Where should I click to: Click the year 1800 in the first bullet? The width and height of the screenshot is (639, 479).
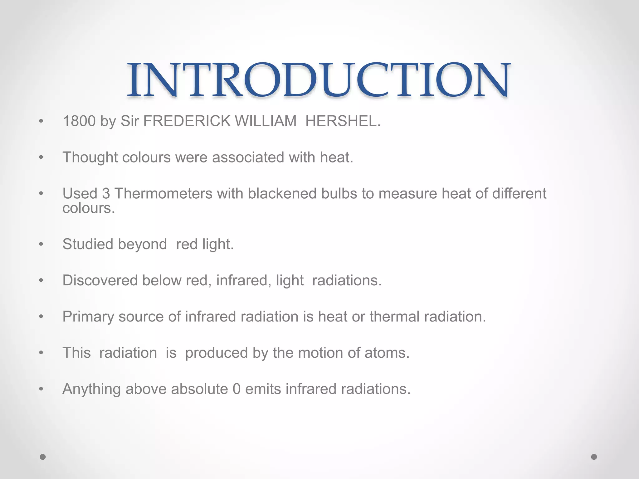(x=79, y=121)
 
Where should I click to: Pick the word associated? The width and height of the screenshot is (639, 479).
(x=248, y=157)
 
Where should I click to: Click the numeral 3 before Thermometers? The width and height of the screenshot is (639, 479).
(x=106, y=193)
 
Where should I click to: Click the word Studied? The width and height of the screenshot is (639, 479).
(x=88, y=244)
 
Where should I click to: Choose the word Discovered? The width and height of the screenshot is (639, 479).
(x=100, y=280)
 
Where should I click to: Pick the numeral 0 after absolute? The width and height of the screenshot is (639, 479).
(x=237, y=389)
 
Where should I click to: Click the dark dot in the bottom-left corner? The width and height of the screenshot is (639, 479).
(x=43, y=457)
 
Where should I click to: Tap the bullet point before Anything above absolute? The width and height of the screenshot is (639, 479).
(x=41, y=389)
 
